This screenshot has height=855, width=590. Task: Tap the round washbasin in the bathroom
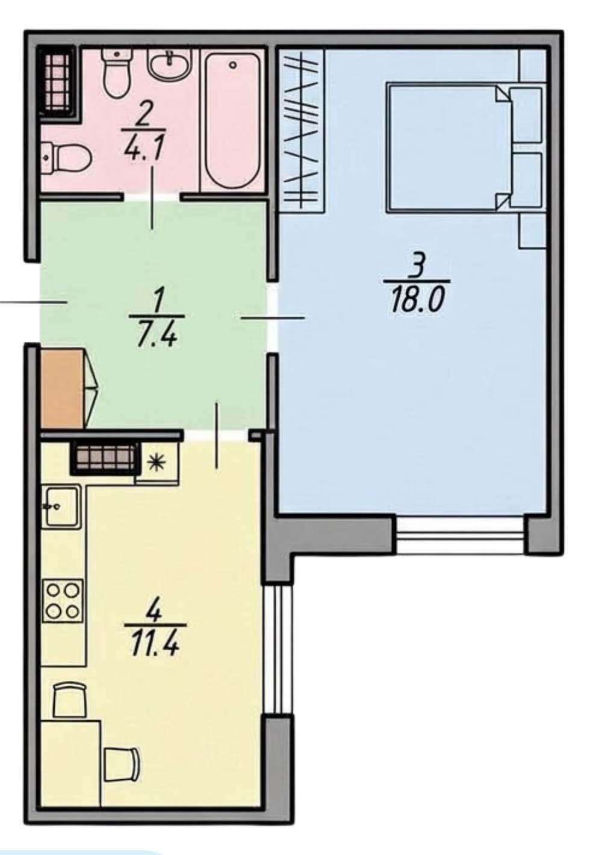point(169,66)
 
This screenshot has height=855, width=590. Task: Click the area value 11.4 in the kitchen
point(155,643)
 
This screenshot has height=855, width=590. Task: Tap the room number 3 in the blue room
point(418,266)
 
